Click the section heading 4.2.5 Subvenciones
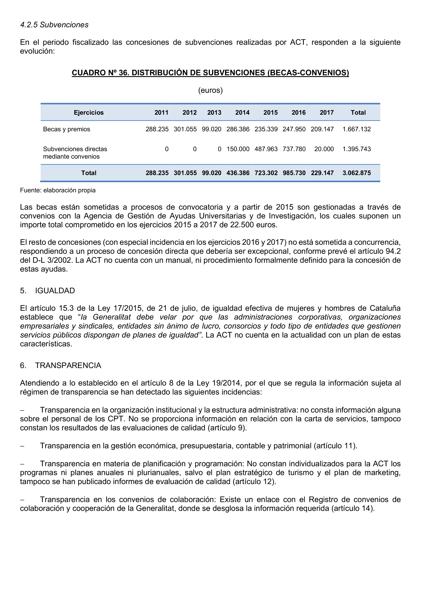coord(54,25)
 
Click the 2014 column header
coord(242,113)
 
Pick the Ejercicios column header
coord(89,113)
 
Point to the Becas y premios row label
coord(67,129)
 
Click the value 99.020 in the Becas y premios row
coord(211,129)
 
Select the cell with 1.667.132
coord(356,129)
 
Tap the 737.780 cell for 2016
coord(294,149)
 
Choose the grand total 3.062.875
coord(356,173)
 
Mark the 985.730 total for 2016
coord(294,173)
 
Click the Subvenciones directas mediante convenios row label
coord(75,153)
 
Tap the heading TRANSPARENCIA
coord(68,365)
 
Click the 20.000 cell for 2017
coord(324,149)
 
